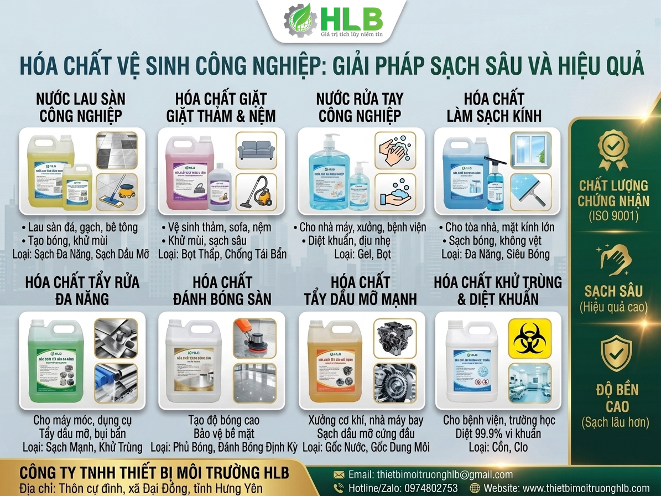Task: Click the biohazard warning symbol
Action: tap(530, 337)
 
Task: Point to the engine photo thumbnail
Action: tap(394, 337)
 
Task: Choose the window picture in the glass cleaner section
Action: tap(530, 149)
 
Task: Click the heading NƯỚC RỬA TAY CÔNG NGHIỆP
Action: tap(360, 107)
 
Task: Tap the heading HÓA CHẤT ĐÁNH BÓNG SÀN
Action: tap(222, 291)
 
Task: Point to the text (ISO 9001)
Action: tap(613, 215)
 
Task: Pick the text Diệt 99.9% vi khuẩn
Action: tap(498, 433)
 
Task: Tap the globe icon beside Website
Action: tap(475, 488)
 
